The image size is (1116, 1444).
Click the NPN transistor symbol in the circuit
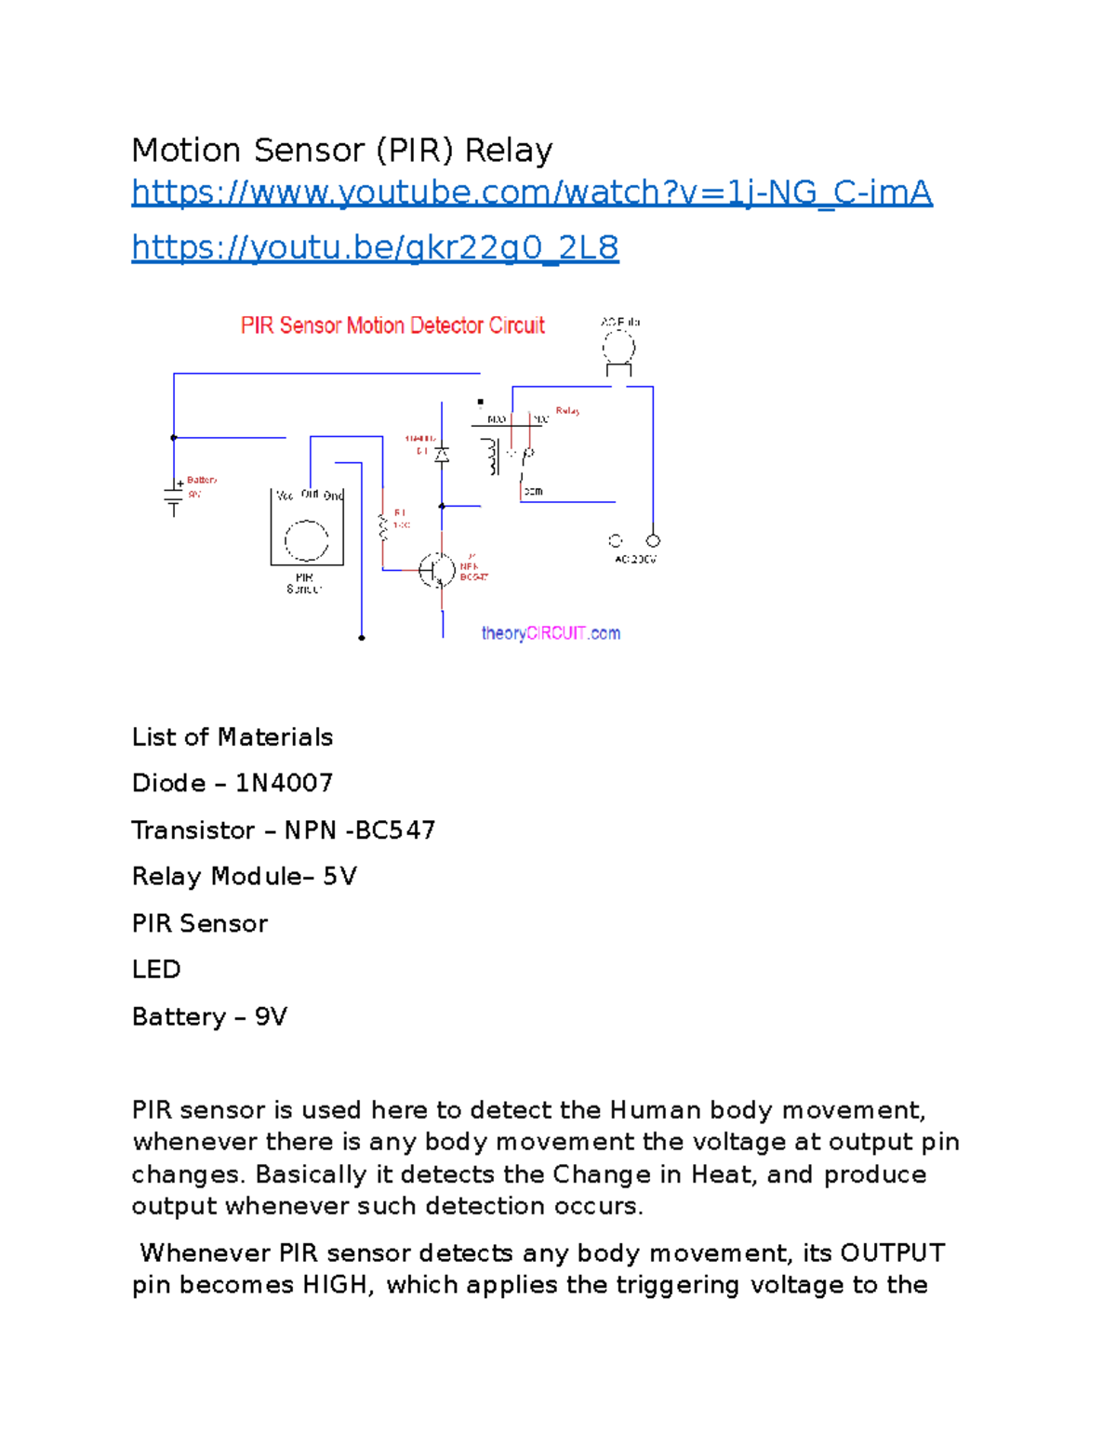click(x=437, y=570)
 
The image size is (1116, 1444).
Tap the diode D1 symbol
click(x=443, y=455)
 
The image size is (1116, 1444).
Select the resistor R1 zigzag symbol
click(x=382, y=527)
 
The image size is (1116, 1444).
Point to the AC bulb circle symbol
click(x=618, y=350)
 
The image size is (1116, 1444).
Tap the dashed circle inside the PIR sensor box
click(x=306, y=540)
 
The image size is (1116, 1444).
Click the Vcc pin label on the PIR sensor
click(x=285, y=496)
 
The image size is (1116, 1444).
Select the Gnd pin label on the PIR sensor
click(x=333, y=496)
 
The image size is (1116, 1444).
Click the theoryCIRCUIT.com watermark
click(x=551, y=633)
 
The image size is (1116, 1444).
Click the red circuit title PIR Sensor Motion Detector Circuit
click(x=392, y=325)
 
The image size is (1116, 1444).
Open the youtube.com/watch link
click(x=531, y=192)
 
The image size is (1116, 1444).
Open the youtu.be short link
click(x=375, y=247)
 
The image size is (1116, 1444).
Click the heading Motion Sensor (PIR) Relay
click(x=342, y=150)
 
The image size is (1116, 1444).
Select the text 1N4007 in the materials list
click(x=284, y=783)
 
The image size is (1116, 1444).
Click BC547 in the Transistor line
click(x=395, y=830)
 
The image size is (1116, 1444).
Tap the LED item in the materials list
click(x=156, y=970)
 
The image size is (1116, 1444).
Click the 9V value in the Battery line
click(x=271, y=1016)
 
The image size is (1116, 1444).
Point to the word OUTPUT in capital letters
click(x=892, y=1252)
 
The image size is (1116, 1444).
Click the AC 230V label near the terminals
click(x=635, y=560)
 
